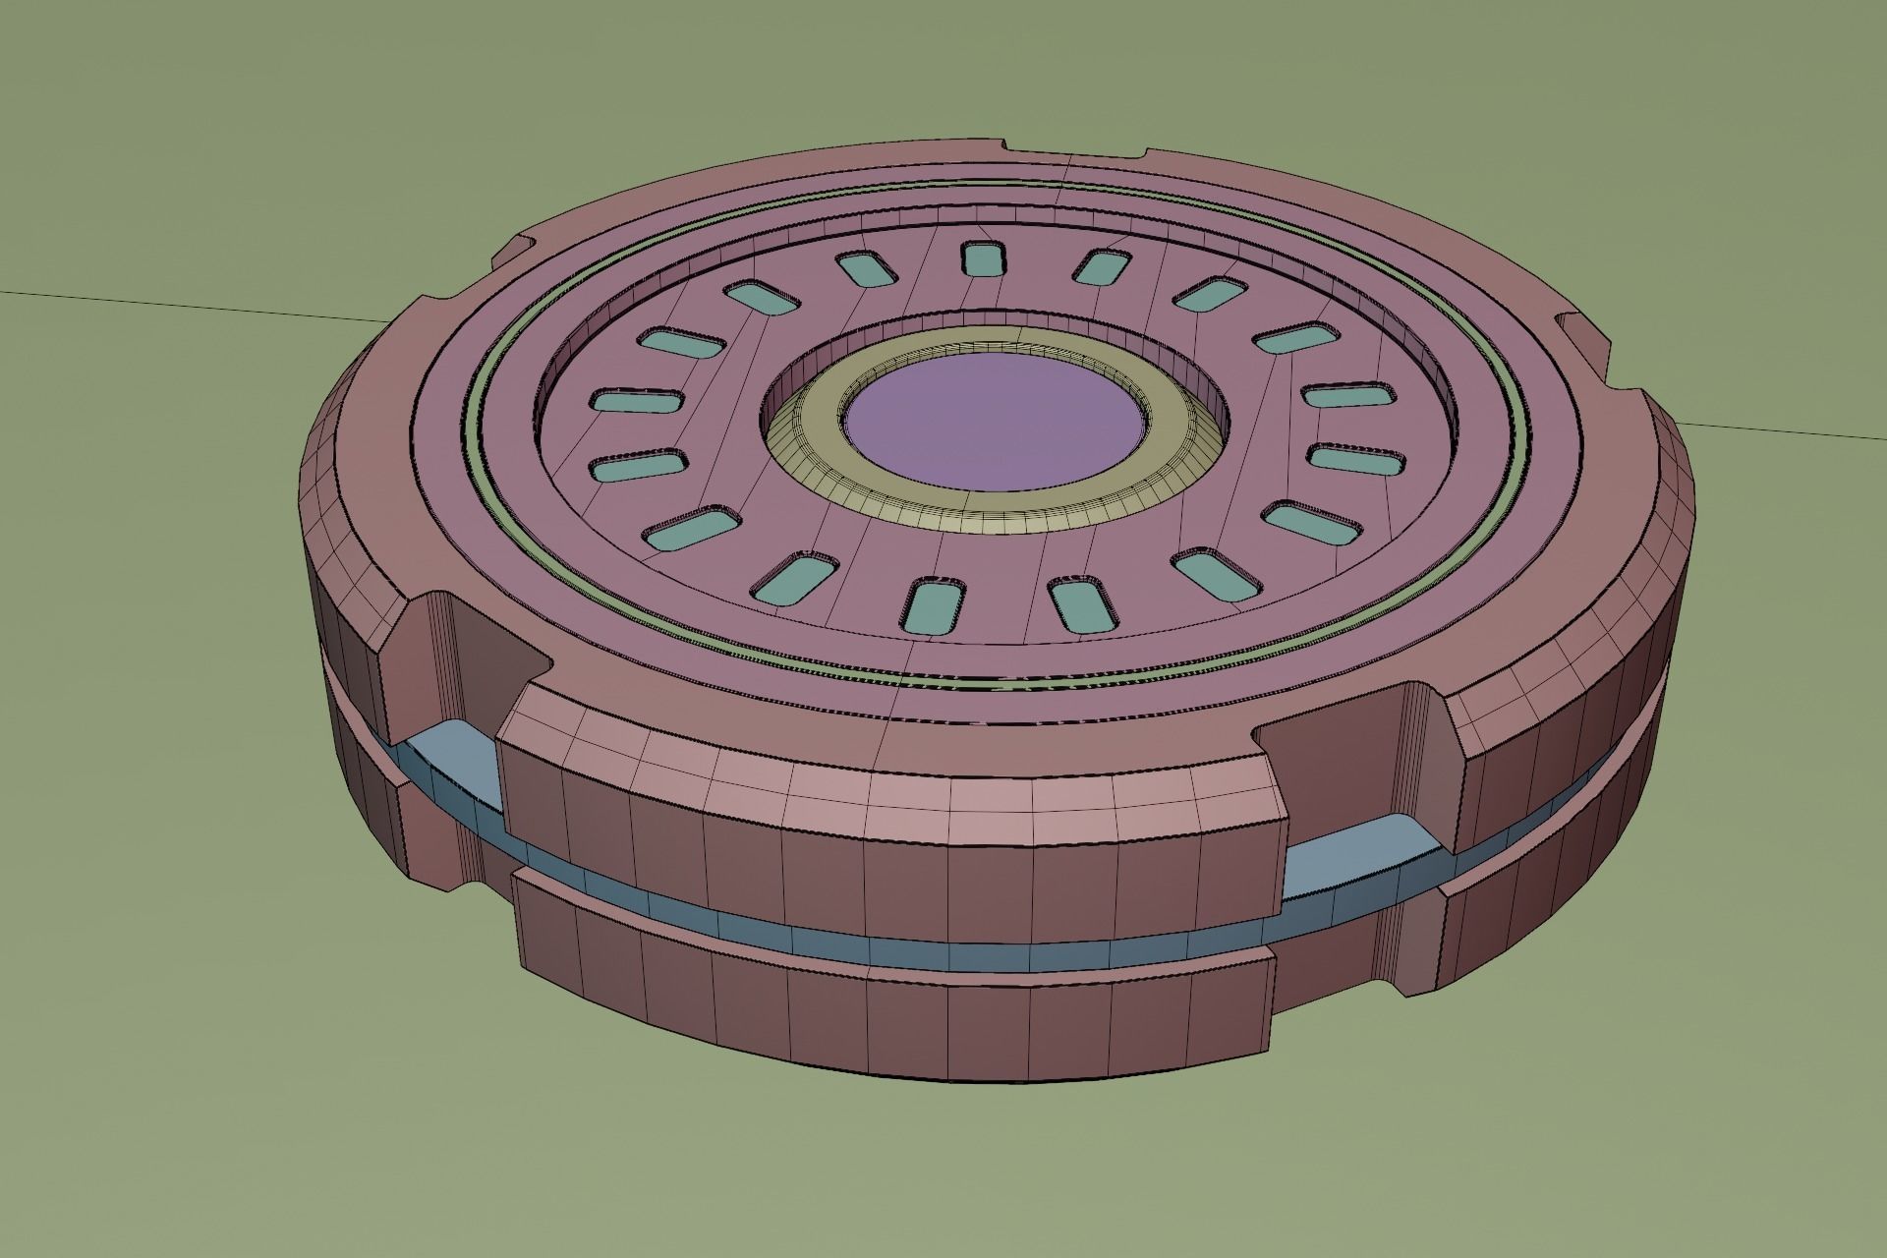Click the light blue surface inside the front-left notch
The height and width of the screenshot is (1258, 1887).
(x=442, y=762)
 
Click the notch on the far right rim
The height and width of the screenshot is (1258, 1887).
(x=1582, y=339)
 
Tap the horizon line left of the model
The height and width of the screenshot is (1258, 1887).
(x=197, y=306)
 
